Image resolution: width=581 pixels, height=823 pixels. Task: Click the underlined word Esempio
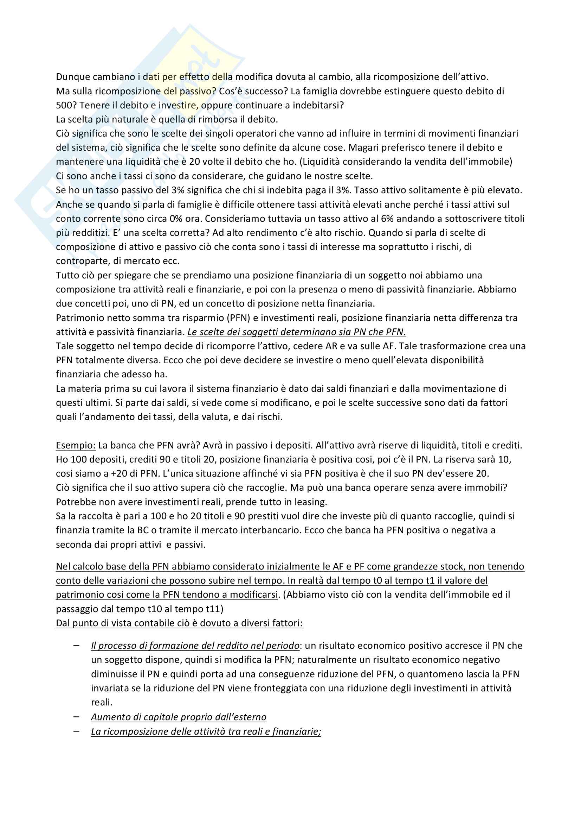point(76,446)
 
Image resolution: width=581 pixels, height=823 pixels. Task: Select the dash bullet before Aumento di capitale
point(76,717)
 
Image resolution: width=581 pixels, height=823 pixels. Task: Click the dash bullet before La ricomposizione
point(76,731)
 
